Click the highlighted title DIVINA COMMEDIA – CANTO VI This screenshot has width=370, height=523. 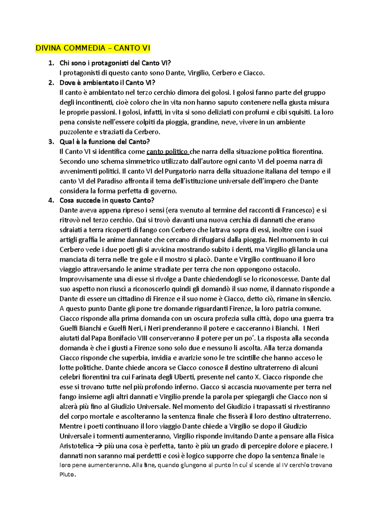point(93,48)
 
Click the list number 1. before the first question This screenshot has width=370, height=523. point(51,63)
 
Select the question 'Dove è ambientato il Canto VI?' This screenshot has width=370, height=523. point(107,83)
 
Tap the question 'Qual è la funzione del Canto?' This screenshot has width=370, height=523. point(105,142)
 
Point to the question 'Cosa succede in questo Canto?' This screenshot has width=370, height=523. point(107,201)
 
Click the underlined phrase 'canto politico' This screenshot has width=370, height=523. point(167,152)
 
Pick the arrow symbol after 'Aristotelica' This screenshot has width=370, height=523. point(99,446)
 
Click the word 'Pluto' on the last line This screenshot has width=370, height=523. point(67,474)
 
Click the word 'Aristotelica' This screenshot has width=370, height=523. point(76,446)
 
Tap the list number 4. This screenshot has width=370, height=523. point(51,201)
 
